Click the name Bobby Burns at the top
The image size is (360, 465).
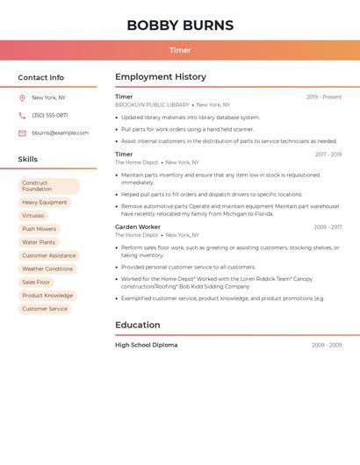tap(180, 25)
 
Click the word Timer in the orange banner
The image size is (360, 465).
tap(180, 50)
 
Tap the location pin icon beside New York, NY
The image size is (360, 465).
tap(22, 98)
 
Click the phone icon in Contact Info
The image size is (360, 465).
tap(22, 116)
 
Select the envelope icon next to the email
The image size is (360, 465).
tap(22, 133)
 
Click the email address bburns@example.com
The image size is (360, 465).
tap(60, 133)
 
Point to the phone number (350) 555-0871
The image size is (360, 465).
tap(49, 116)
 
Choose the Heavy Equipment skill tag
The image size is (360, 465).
tap(45, 203)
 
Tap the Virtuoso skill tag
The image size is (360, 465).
tap(33, 216)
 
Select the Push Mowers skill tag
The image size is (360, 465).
tap(40, 229)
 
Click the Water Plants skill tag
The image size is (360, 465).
tap(39, 242)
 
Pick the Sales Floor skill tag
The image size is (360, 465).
tap(36, 283)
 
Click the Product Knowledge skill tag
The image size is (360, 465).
tap(47, 296)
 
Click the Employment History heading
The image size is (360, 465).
tap(161, 77)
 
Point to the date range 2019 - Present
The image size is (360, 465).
tap(324, 97)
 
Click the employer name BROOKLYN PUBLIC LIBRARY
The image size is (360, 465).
tap(152, 104)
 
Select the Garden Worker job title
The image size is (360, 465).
tap(138, 227)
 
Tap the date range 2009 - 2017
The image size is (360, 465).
tap(328, 227)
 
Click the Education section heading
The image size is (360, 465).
tap(138, 325)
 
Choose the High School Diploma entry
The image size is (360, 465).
tap(146, 345)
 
